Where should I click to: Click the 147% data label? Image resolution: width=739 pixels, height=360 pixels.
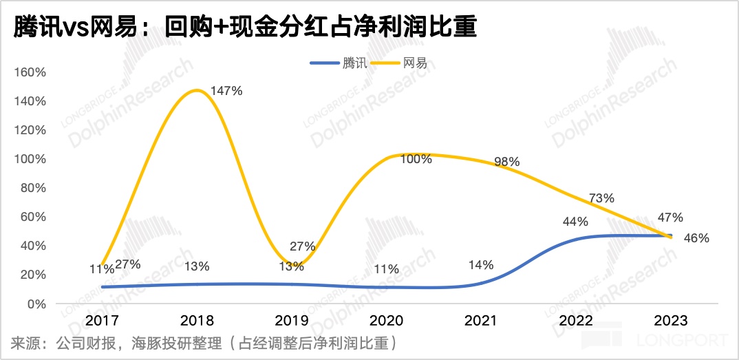point(226,91)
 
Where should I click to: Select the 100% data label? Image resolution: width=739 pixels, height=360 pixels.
point(416,159)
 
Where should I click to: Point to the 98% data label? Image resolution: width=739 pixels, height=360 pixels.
point(507,162)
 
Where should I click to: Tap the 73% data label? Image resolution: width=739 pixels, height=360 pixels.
point(601,198)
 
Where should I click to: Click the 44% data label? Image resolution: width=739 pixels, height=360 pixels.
point(575,222)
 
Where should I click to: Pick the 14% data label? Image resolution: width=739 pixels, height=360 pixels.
point(480,264)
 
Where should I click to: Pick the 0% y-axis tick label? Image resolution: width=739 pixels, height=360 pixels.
point(36,304)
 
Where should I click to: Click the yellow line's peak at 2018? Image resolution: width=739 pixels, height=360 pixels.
point(197,90)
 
